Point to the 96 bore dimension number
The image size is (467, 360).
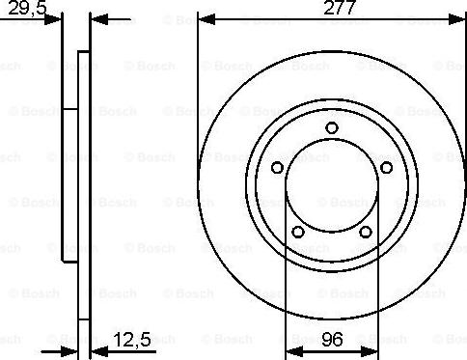(333, 339)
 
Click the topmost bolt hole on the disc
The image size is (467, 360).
(332, 128)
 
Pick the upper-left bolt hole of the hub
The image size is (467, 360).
(277, 168)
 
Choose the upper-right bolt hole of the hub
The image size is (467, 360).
(387, 168)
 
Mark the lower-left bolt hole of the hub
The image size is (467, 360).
(298, 232)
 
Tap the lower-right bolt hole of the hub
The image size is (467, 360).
(366, 232)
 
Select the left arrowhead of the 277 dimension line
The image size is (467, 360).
(203, 18)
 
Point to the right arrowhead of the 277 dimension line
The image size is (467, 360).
(461, 18)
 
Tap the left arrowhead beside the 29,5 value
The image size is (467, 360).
(56, 18)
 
